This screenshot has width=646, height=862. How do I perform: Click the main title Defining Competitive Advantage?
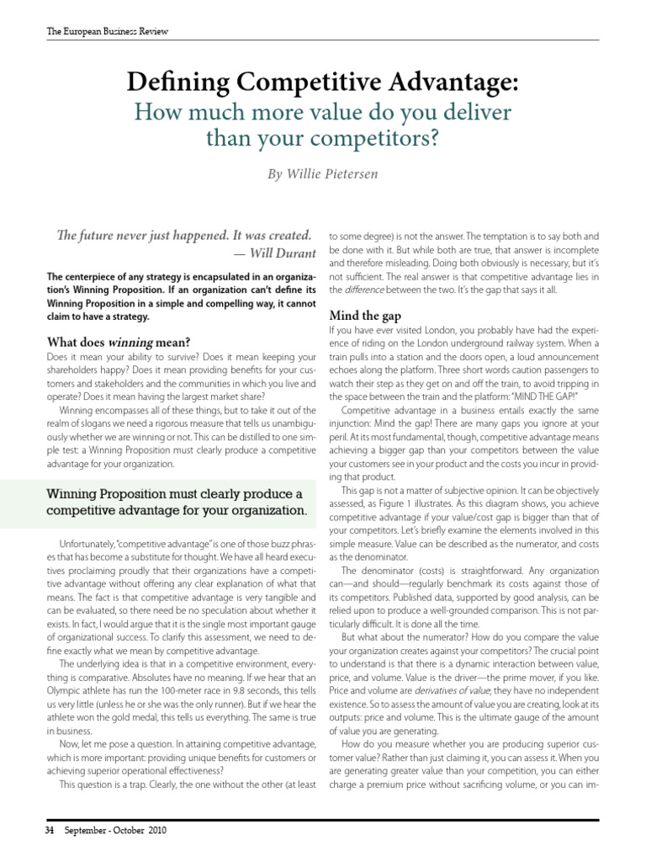click(x=323, y=83)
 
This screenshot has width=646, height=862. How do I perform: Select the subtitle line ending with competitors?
click(x=323, y=137)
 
